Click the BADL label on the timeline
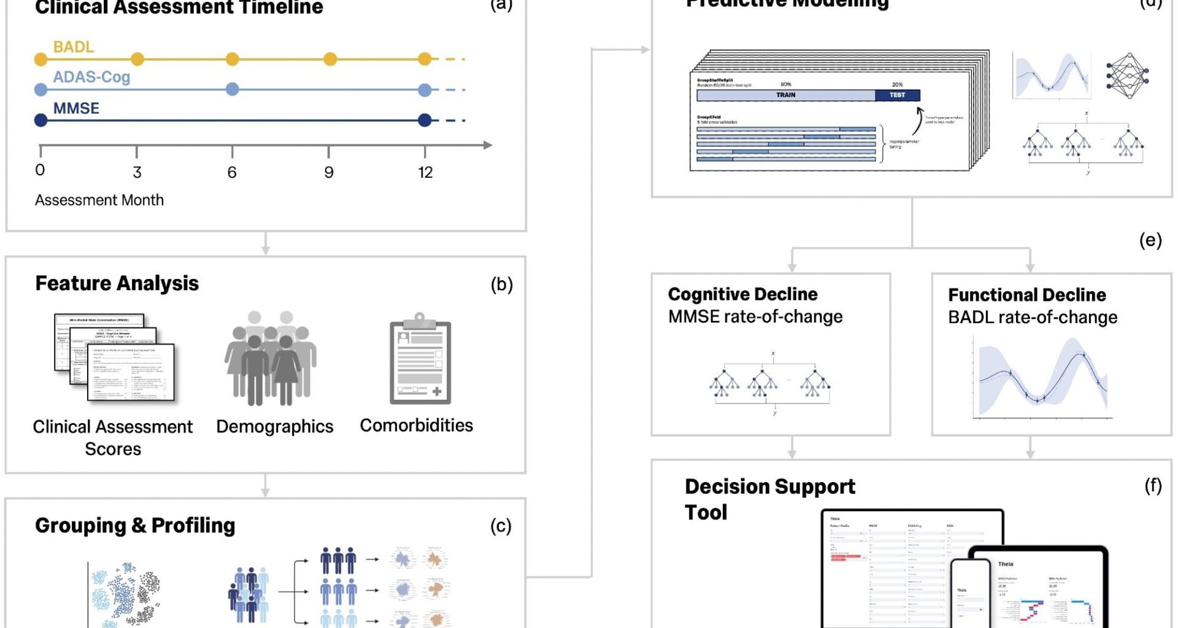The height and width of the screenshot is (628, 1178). pos(74,47)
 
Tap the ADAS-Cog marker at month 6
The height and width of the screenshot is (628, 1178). pos(232,90)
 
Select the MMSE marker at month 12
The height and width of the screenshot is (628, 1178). pos(425,120)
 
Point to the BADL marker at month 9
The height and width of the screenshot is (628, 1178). pos(330,59)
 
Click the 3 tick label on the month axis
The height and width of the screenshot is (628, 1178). pos(137,172)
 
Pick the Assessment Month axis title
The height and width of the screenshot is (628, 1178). pos(99,200)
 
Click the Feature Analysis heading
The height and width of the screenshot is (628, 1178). pos(117,283)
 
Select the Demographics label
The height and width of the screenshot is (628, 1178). pos(274,426)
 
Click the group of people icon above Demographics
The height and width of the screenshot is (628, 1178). pos(271,359)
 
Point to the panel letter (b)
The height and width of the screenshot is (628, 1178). pos(501,285)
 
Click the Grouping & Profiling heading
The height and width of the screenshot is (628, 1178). pos(135,526)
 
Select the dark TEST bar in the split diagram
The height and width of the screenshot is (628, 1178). pos(897,95)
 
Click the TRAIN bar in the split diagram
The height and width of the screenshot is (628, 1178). pos(785,95)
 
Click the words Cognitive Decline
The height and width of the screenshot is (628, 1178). pos(742,294)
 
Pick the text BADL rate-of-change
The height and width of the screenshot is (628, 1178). pos(1033,317)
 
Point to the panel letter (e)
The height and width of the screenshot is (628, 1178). pos(1150,240)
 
